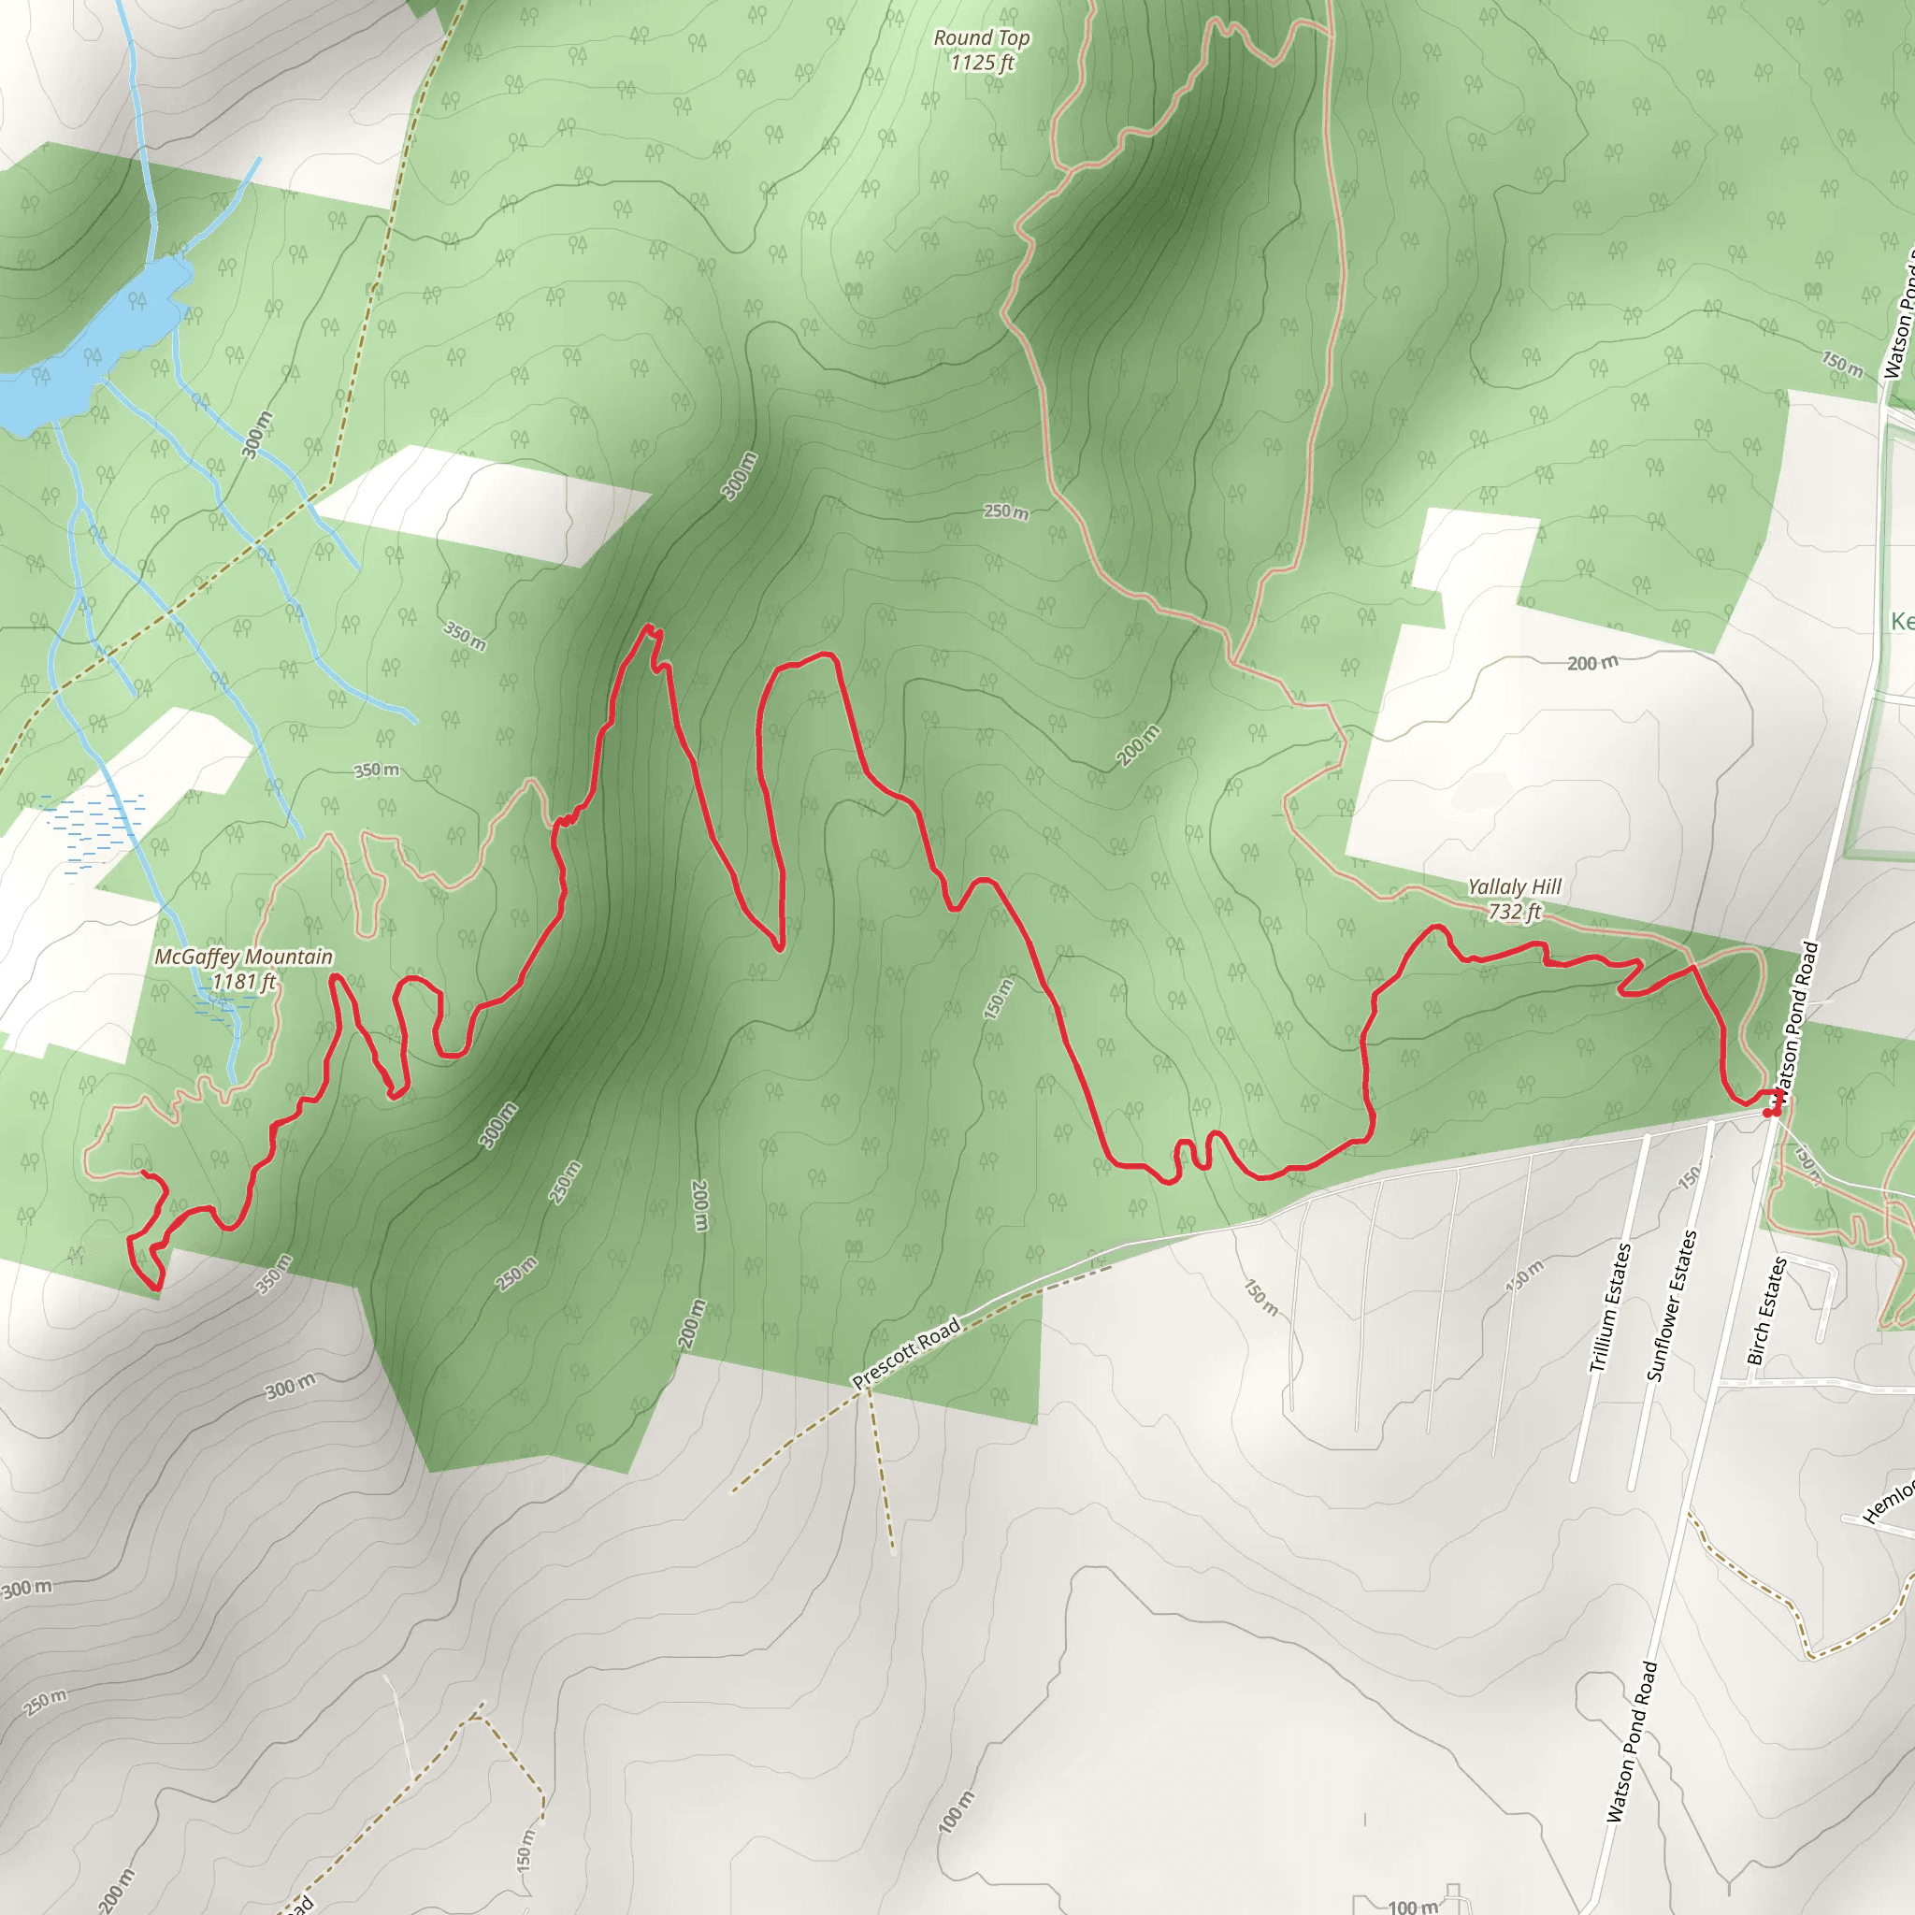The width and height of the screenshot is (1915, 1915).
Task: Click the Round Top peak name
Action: click(x=981, y=37)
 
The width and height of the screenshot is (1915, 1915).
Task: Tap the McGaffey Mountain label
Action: click(x=244, y=957)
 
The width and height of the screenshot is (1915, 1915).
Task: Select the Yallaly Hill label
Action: click(x=1514, y=887)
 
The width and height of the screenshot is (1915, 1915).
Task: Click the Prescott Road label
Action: click(x=906, y=1352)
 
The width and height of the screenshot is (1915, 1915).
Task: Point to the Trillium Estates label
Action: click(x=1610, y=1307)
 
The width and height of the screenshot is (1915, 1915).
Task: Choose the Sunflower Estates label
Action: click(x=1671, y=1305)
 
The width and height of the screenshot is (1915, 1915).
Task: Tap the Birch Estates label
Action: click(x=1766, y=1310)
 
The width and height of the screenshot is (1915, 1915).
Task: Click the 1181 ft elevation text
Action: click(x=244, y=981)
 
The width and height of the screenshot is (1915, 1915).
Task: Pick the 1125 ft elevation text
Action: click(x=981, y=64)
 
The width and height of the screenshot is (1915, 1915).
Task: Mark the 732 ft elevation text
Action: click(x=1514, y=912)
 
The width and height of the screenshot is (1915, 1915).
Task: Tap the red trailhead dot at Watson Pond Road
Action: click(x=1769, y=1113)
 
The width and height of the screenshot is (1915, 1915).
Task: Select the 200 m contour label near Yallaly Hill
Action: click(x=1591, y=663)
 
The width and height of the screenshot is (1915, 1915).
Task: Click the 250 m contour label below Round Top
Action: click(x=1005, y=511)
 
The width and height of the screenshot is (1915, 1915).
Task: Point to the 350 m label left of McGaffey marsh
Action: click(x=377, y=770)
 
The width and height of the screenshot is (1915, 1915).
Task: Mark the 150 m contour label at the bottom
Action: click(x=526, y=1849)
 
